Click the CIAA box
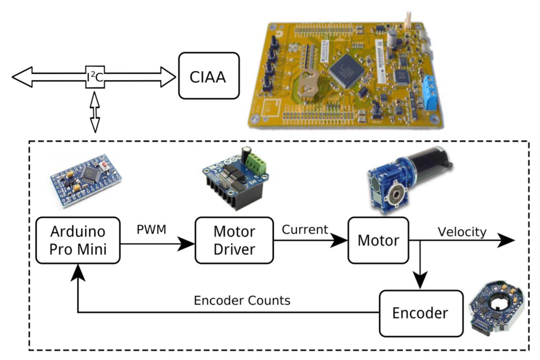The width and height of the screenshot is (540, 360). tap(208, 76)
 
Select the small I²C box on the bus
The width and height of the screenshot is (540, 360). tap(95, 76)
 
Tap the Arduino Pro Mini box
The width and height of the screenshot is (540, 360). tap(77, 240)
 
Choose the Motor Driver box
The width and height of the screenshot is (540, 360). tap(234, 240)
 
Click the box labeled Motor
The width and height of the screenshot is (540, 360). tap(378, 240)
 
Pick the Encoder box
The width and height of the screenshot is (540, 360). tap(420, 313)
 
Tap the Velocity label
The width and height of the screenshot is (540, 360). tap(462, 232)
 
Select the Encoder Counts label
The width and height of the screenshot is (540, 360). tap(242, 300)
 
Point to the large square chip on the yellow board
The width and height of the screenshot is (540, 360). tap(346, 71)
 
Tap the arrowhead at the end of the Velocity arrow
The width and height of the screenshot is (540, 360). tap(506, 240)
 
